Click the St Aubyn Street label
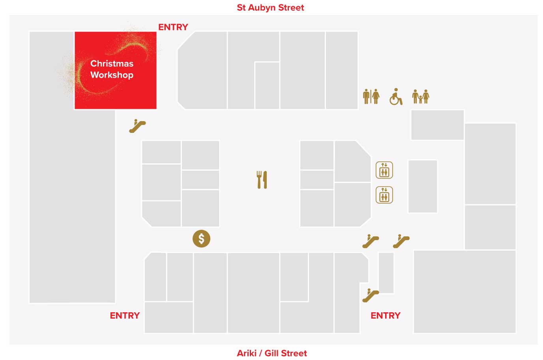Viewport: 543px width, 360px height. (x=270, y=7)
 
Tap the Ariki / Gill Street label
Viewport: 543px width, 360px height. (x=271, y=353)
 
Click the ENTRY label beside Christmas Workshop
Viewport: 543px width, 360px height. (x=173, y=27)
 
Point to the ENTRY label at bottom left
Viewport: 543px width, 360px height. (x=125, y=315)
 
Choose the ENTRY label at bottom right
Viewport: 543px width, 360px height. (x=385, y=315)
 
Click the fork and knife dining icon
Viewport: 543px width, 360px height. (x=262, y=179)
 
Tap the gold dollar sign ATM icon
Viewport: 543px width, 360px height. (x=201, y=239)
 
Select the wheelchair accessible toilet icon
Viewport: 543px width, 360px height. (x=396, y=97)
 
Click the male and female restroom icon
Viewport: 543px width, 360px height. (x=371, y=96)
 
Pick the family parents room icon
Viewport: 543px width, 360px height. (x=421, y=96)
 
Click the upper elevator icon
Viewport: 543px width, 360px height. (x=384, y=170)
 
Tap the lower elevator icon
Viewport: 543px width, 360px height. (x=384, y=195)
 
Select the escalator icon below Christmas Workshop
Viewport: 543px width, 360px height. (x=137, y=126)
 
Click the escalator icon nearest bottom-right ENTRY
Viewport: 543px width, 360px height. (x=370, y=295)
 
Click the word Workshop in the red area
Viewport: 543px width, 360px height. (x=112, y=75)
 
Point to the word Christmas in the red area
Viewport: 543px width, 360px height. (x=112, y=63)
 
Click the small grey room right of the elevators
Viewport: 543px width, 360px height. (x=423, y=186)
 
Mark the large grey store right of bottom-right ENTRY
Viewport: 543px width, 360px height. (x=464, y=292)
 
